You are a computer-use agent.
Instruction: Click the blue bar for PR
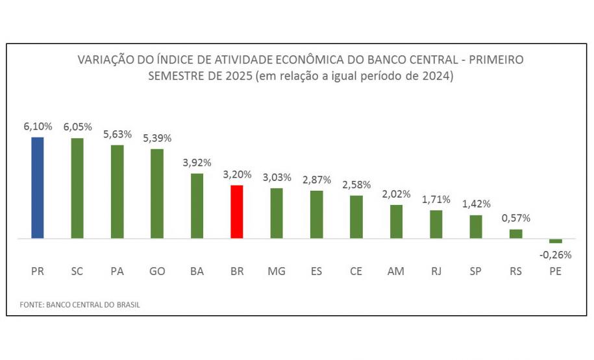click(38, 187)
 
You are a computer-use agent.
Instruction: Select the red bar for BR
click(237, 212)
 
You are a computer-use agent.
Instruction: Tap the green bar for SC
click(77, 188)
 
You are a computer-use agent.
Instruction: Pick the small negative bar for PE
click(555, 241)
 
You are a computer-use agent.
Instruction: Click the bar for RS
click(515, 234)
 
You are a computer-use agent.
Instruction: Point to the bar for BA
click(197, 206)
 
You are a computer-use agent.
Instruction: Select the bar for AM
click(396, 222)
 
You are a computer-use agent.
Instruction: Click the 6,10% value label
click(38, 127)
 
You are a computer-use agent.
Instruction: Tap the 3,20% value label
click(237, 174)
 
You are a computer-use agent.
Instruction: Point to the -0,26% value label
click(555, 255)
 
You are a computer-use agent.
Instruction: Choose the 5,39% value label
click(157, 139)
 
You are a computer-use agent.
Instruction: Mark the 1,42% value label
click(476, 204)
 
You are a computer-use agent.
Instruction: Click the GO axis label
click(157, 271)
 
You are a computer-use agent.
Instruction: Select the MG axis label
click(277, 271)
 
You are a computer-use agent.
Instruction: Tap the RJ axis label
click(436, 271)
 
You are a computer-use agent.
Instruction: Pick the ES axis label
click(316, 271)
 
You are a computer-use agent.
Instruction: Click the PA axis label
click(117, 271)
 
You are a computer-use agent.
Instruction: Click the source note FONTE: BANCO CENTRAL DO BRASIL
click(80, 304)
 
